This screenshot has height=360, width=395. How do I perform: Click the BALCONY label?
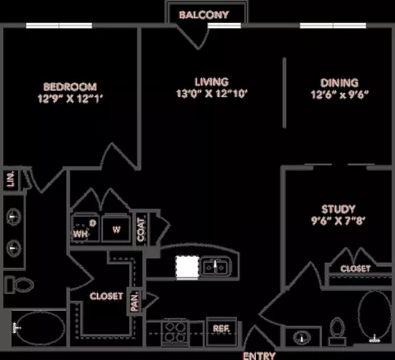click(x=204, y=15)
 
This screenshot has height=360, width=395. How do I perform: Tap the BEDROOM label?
click(x=70, y=86)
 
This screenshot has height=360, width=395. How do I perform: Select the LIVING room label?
click(x=211, y=82)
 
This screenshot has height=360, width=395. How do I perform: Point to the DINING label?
click(x=339, y=82)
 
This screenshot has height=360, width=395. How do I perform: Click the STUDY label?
click(x=338, y=209)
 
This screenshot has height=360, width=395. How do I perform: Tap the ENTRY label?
click(x=259, y=356)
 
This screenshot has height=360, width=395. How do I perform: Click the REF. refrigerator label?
click(x=221, y=329)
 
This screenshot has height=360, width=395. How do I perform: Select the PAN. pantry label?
click(x=134, y=302)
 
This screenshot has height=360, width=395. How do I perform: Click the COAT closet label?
click(x=141, y=230)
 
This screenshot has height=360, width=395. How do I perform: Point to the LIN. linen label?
click(x=11, y=180)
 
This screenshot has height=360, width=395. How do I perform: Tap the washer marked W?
click(x=116, y=228)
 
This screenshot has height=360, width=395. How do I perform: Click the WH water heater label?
click(x=81, y=234)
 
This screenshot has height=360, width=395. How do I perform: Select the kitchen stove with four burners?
click(x=175, y=333)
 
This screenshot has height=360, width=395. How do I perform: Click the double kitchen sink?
click(x=215, y=267)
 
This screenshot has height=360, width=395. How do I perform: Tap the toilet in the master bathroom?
click(x=20, y=284)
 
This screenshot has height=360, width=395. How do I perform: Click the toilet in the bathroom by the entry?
click(x=337, y=331)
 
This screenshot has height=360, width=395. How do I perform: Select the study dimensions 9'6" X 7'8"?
click(x=338, y=221)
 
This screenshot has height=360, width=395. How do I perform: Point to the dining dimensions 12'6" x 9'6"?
click(x=339, y=95)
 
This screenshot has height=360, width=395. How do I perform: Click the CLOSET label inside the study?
click(x=355, y=269)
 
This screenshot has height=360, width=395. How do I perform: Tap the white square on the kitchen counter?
click(x=188, y=267)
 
